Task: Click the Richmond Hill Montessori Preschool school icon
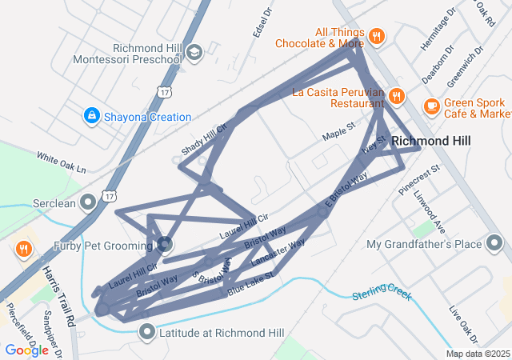click(x=194, y=53)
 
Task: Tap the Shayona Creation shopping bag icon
click(x=93, y=117)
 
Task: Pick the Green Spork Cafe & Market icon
click(x=431, y=105)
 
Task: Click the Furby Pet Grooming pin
click(x=164, y=244)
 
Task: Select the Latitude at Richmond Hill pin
click(x=146, y=331)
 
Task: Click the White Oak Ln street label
click(x=61, y=163)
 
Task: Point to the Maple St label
click(x=338, y=132)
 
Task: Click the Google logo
click(x=26, y=350)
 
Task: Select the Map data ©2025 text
click(x=478, y=354)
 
